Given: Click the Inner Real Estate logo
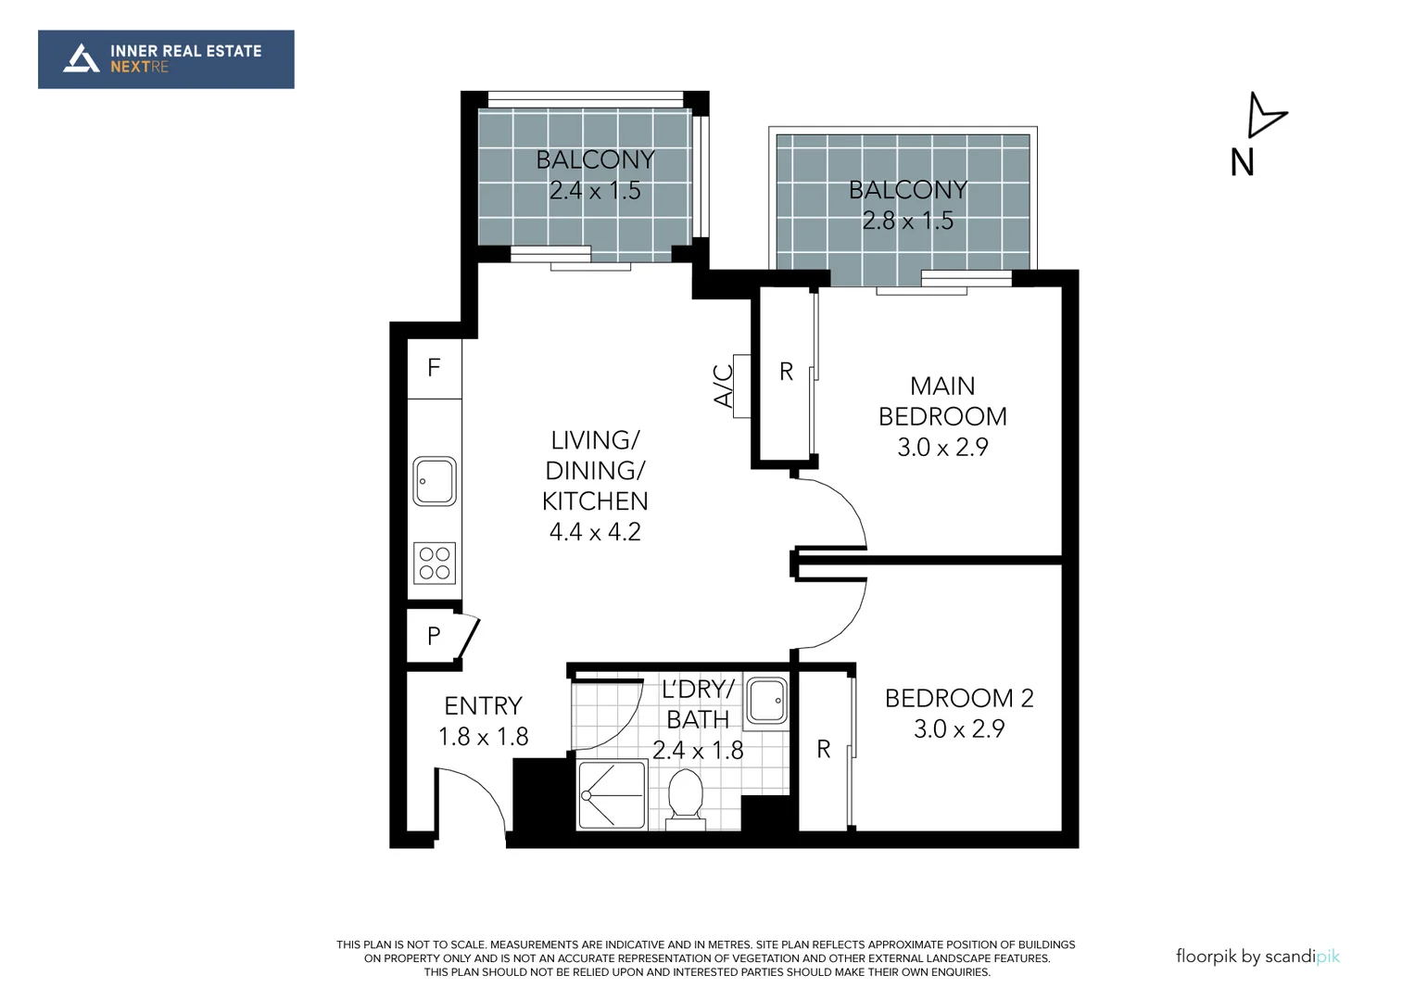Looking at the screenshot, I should (x=166, y=59).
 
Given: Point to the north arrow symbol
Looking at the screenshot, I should (x=1264, y=117).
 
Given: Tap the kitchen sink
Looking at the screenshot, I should (x=435, y=481).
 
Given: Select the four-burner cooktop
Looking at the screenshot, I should (x=435, y=563).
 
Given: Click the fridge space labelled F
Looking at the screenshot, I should (x=434, y=369).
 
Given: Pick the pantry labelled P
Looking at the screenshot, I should (x=434, y=636).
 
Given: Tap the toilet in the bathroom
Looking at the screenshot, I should (x=686, y=797).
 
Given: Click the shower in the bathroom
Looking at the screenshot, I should (x=612, y=795).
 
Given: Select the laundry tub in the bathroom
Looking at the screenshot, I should (x=767, y=700).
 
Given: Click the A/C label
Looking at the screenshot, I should (x=724, y=386).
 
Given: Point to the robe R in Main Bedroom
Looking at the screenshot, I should (x=786, y=373).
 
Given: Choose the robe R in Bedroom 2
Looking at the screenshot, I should (x=824, y=750).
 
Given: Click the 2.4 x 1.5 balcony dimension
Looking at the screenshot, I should (x=595, y=191).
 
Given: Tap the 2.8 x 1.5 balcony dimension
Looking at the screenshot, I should (x=907, y=221).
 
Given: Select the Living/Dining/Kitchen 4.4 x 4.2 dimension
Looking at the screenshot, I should (x=595, y=532).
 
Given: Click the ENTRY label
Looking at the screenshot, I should (x=483, y=706).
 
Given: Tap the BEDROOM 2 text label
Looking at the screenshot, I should (x=959, y=698).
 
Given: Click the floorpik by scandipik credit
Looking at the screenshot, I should (x=1257, y=957).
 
